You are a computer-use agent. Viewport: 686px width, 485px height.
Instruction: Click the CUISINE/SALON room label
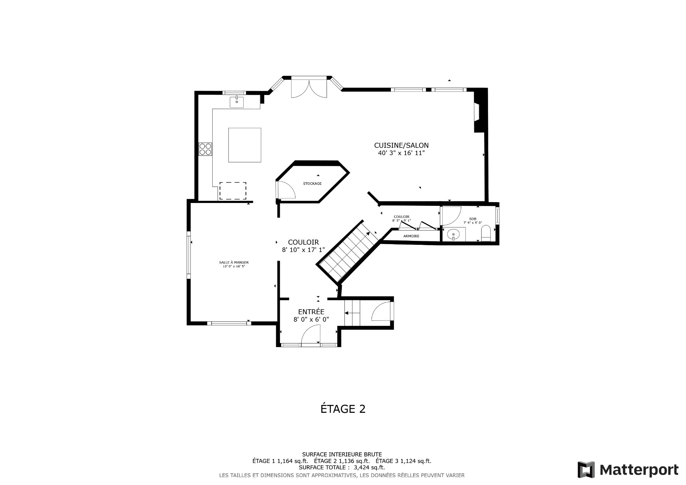401,145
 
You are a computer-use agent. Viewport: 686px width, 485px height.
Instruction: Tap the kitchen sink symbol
237,102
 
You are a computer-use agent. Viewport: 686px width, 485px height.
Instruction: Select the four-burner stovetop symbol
205,149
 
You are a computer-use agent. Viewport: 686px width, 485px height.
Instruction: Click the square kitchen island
245,145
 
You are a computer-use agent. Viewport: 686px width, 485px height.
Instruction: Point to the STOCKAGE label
312,184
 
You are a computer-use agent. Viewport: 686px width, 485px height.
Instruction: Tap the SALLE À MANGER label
234,262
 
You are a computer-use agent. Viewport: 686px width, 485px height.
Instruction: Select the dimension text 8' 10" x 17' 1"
303,250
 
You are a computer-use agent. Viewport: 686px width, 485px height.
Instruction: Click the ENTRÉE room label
311,312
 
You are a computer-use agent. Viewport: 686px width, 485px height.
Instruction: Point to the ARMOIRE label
411,236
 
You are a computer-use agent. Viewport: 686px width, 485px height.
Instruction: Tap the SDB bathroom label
473,219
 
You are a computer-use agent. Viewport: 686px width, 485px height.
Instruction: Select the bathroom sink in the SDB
454,235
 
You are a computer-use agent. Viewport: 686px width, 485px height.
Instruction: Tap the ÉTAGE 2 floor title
343,409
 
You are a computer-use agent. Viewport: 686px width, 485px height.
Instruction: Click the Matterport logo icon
586,470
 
